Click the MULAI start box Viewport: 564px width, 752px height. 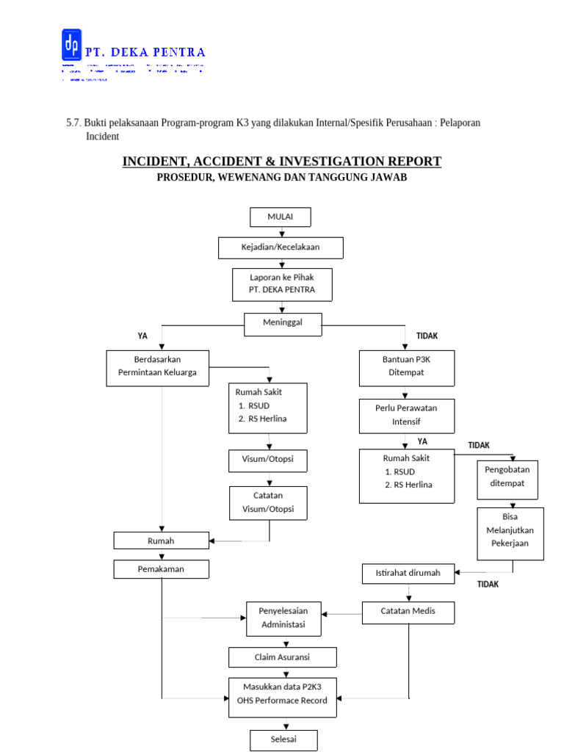coord(280,217)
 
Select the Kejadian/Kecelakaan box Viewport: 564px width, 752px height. coord(281,247)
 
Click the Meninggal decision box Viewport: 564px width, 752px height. coord(282,322)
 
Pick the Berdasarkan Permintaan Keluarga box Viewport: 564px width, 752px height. coord(157,366)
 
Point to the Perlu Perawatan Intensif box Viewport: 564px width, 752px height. coord(406,416)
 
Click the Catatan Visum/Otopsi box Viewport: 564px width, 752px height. coord(268,502)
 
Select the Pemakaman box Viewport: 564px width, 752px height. coord(161,568)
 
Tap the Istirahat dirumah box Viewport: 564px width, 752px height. coord(408,573)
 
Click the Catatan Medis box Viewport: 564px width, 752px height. coord(408,612)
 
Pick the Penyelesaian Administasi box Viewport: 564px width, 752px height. coord(283,618)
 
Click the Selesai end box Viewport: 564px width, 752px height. coord(283,739)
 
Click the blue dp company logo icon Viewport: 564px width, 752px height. coord(71,46)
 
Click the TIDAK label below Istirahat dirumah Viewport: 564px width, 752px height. coord(488,585)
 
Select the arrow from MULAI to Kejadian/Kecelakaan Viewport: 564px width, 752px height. coord(281,232)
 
